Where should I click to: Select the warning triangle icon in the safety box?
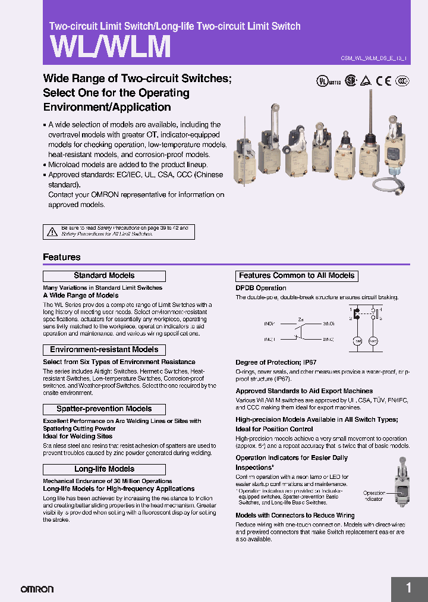pos(52,231)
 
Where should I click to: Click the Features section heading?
pos(61,257)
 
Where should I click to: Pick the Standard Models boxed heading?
pos(104,276)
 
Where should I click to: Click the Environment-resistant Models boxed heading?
pos(104,350)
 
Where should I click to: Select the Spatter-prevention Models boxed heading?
pos(104,409)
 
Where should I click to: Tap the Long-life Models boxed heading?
pos(104,469)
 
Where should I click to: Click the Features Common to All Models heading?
pos(297,276)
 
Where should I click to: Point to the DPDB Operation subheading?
pos(261,288)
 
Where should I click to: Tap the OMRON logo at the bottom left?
pos(37,589)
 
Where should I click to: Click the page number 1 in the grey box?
pos(408,588)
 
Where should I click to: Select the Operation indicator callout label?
pos(374,496)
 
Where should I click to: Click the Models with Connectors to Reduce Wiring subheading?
pos(295,515)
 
